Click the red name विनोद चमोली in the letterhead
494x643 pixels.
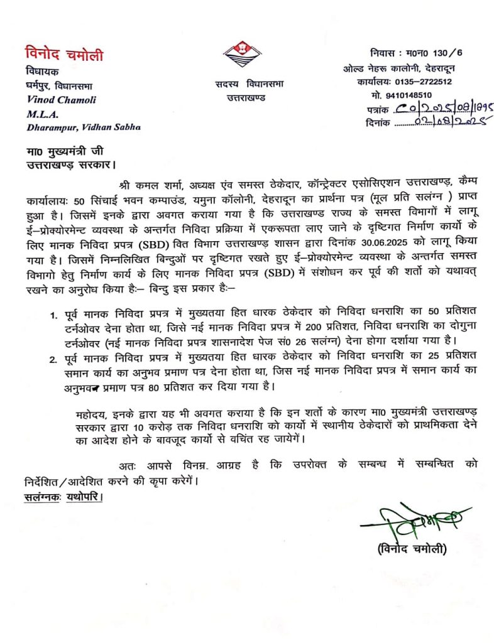point(64,55)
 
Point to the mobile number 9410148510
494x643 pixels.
point(410,95)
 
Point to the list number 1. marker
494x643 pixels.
point(54,314)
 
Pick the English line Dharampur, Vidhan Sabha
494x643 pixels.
point(83,127)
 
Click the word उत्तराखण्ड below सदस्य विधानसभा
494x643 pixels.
point(246,98)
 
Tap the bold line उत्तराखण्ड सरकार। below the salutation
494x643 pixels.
point(62,166)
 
